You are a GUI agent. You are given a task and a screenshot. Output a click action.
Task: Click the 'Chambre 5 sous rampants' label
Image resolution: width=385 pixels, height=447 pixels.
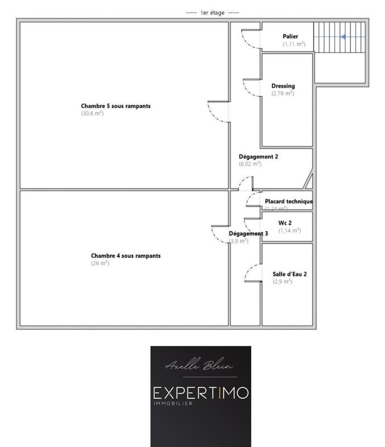(116, 106)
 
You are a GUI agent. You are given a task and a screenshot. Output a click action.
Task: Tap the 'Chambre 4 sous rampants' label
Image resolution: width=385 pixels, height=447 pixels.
(126, 256)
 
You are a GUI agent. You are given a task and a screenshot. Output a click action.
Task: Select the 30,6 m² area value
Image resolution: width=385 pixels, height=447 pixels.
(92, 113)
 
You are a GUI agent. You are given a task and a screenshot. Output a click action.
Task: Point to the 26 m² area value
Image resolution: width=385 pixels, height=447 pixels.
(100, 263)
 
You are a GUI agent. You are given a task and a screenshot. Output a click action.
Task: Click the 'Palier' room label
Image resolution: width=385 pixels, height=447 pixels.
(290, 36)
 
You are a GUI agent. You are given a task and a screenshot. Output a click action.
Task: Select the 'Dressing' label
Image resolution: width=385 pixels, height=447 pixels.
(283, 86)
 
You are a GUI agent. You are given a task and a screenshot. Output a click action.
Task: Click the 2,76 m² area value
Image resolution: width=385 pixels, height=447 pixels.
(282, 93)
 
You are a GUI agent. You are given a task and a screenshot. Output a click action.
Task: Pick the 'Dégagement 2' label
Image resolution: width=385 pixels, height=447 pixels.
(258, 157)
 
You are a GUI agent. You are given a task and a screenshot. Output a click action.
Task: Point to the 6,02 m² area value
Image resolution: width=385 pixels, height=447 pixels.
(250, 164)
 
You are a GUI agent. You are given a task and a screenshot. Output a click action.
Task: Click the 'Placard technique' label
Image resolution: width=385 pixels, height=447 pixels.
(288, 201)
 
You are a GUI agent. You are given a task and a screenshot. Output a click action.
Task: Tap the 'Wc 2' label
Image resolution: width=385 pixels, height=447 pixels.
(286, 223)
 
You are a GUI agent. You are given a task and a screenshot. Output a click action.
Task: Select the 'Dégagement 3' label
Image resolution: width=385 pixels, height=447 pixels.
(248, 234)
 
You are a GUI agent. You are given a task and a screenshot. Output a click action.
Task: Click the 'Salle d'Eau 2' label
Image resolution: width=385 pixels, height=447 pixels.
(290, 274)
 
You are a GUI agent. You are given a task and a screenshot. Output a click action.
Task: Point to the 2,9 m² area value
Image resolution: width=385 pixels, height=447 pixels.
(282, 282)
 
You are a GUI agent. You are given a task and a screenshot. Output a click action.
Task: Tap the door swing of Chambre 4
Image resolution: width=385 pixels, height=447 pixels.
(220, 234)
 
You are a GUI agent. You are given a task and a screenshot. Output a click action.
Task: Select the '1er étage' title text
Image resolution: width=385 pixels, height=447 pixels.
(212, 12)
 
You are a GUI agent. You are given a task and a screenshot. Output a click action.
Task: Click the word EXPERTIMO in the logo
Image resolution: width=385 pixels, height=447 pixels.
(200, 392)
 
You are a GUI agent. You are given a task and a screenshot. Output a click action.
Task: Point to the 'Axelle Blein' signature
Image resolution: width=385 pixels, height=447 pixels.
(200, 366)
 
